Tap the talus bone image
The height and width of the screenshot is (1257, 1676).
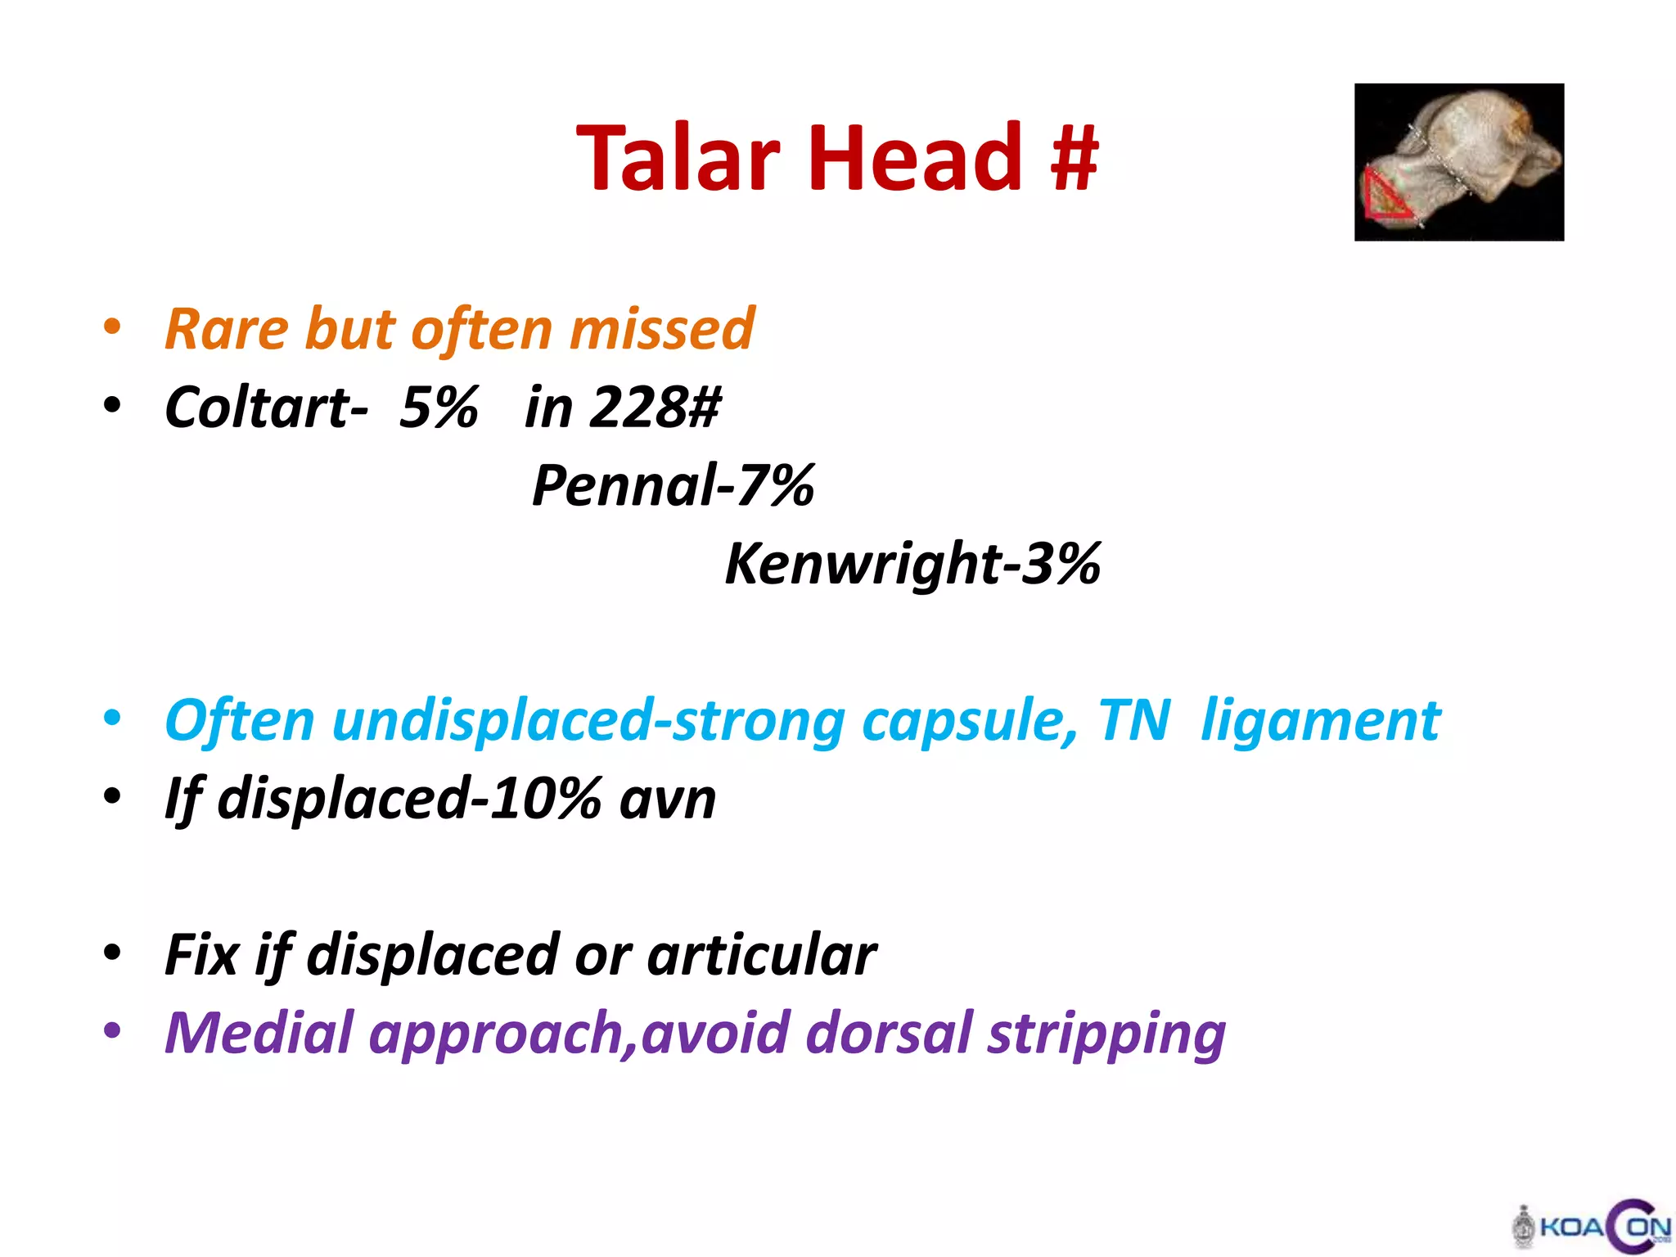coord(1458,161)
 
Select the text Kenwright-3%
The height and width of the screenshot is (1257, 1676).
coord(912,564)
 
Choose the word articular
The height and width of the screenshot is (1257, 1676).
coord(762,955)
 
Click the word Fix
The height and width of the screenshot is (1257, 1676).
coord(201,955)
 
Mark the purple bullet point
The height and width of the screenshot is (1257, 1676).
coord(112,1030)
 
